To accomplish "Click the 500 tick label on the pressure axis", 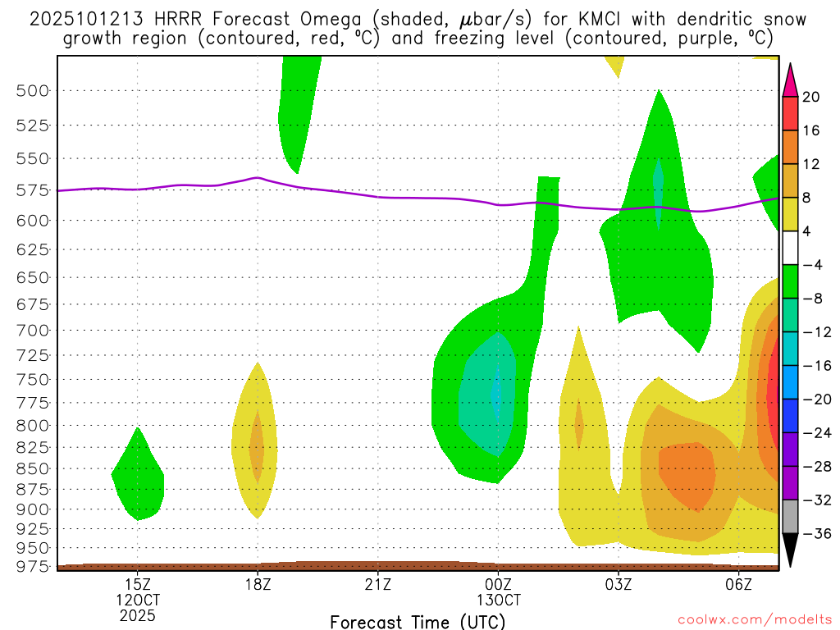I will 34,90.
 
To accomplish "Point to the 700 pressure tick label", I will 34,330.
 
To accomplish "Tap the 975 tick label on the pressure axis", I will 34,565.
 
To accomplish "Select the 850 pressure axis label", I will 34,468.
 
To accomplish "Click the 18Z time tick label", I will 258,585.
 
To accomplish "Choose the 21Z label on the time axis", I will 377,585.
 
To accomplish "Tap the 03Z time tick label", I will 619,585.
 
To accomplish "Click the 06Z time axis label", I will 739,585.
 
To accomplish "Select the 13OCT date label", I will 498,600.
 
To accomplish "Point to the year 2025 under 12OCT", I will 137,614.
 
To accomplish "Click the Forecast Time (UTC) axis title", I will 418,621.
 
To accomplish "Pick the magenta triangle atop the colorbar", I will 790,80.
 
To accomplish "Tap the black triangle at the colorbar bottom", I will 790,550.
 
